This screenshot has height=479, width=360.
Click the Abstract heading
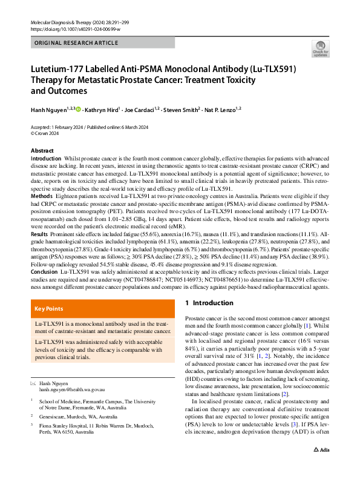[x=42, y=151]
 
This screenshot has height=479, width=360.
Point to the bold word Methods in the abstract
[x=41, y=196]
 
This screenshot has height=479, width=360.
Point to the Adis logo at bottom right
[x=320, y=467]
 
